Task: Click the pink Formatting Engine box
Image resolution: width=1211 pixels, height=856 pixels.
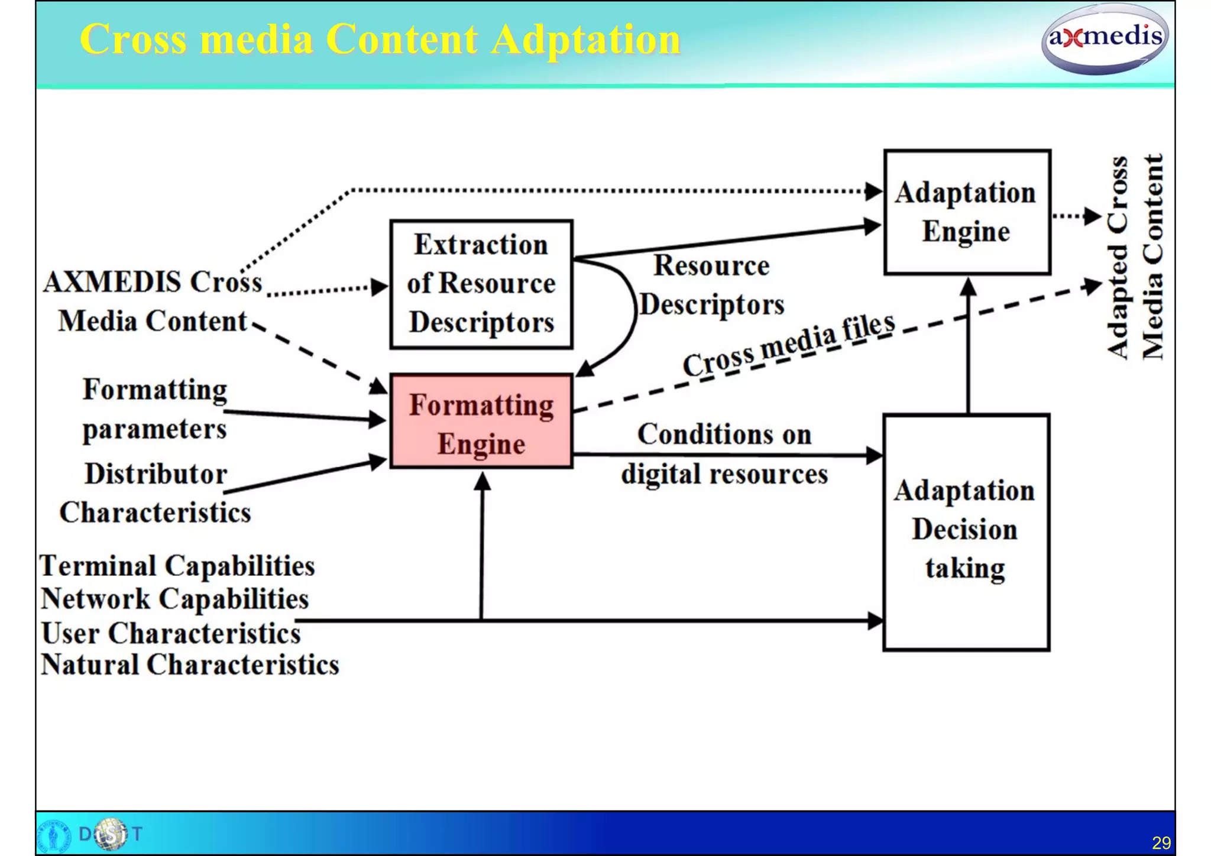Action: point(481,421)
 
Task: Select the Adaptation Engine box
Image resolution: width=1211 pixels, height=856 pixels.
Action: point(966,212)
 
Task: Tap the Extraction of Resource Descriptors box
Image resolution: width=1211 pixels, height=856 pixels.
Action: point(481,284)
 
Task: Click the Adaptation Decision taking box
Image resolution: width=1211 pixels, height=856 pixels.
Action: point(966,532)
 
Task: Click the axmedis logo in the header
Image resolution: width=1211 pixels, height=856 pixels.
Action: point(1104,39)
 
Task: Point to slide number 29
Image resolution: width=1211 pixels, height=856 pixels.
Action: point(1161,842)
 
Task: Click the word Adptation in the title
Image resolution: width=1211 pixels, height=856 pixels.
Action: point(585,40)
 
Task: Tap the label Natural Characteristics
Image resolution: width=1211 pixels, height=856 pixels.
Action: point(189,664)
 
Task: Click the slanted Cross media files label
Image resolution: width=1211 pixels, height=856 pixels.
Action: point(789,345)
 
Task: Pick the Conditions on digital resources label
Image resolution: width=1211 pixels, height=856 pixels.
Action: point(724,454)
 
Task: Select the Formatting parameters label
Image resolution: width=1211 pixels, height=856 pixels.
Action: point(154,409)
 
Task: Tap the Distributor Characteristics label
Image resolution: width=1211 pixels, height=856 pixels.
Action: point(155,493)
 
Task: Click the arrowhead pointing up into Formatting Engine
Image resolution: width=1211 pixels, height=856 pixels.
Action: point(483,481)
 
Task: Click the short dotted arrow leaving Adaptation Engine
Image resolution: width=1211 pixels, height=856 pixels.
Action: point(1076,216)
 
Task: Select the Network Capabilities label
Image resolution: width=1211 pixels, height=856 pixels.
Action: point(175,599)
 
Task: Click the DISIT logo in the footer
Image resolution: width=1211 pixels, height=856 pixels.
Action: point(110,834)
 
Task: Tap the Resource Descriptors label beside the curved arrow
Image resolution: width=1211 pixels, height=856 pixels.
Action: point(711,285)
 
